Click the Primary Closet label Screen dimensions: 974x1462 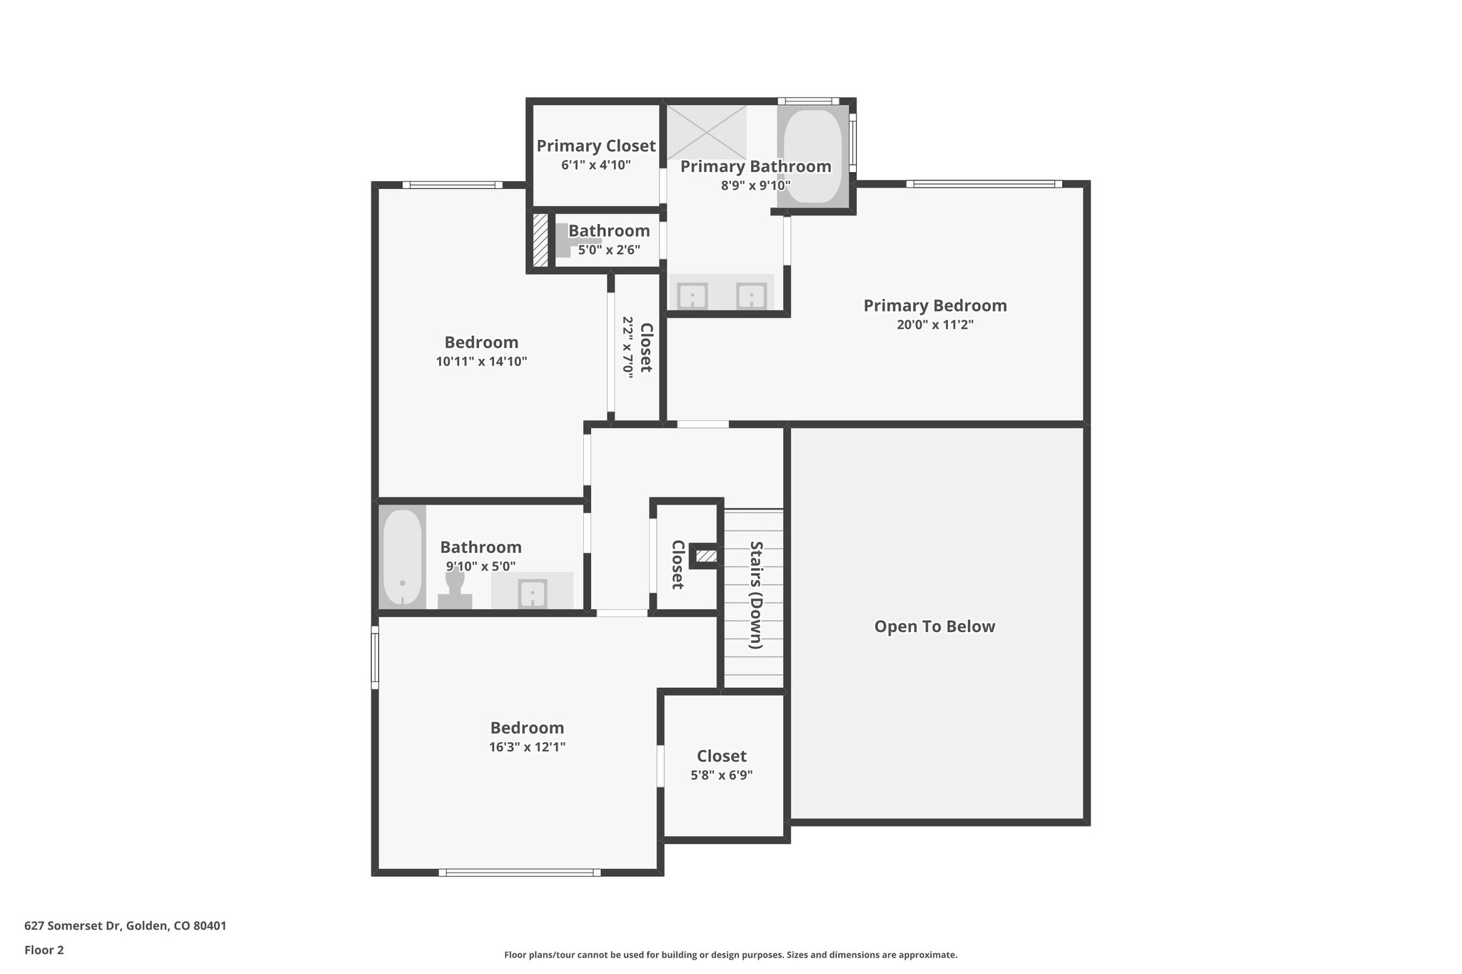click(595, 146)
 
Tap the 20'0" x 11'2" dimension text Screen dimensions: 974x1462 click(934, 325)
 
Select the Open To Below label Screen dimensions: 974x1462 click(934, 626)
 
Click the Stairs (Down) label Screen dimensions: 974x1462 click(756, 595)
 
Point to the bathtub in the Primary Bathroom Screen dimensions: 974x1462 click(813, 156)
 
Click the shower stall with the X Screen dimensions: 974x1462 click(706, 133)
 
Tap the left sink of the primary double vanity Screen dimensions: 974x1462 click(692, 295)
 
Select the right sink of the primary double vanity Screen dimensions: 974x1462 click(751, 295)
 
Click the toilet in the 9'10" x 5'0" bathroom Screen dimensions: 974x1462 click(455, 589)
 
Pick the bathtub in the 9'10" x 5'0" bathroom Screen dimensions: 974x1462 click(402, 557)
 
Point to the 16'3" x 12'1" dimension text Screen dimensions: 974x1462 click(527, 747)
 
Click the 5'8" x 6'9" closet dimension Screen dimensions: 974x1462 click(721, 775)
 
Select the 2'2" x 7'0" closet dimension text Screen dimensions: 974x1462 click(628, 348)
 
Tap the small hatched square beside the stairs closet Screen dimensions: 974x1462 click(706, 556)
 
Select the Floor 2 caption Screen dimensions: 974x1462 click(44, 950)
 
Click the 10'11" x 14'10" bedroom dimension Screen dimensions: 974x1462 click(481, 362)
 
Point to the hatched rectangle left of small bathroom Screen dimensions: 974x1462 click(541, 240)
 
